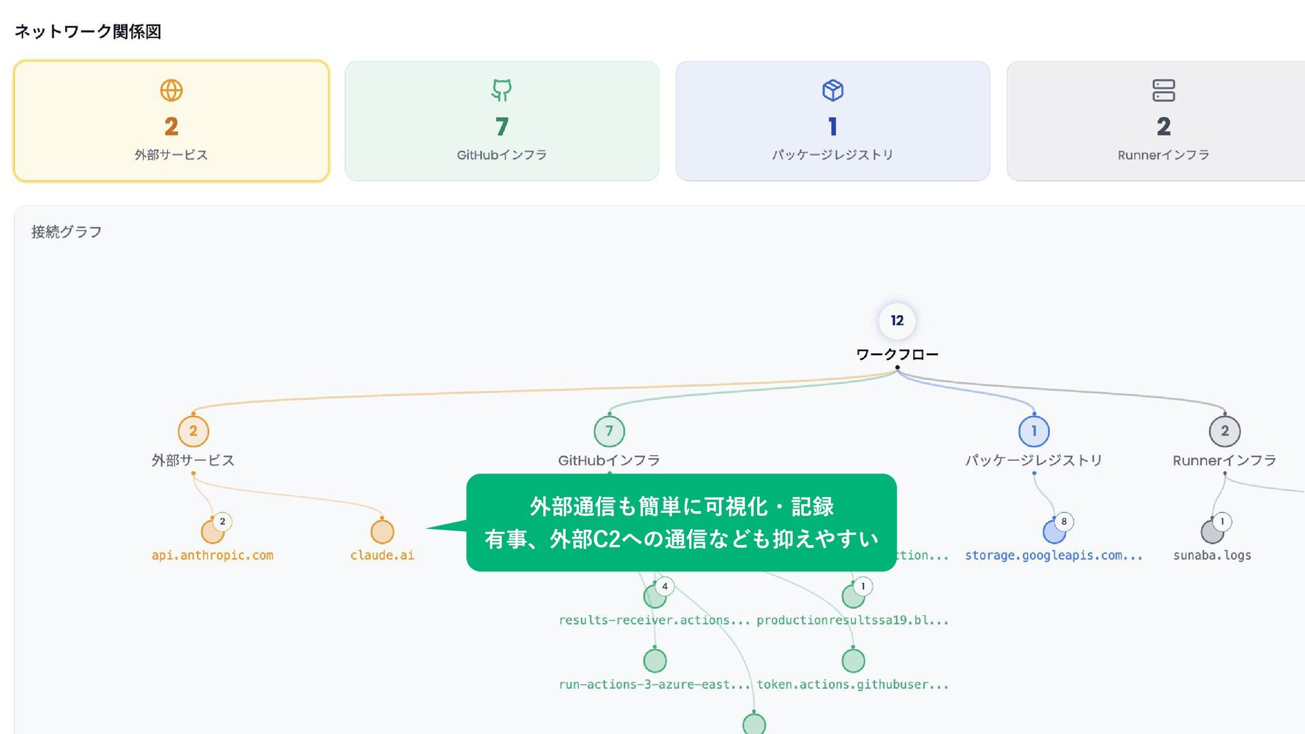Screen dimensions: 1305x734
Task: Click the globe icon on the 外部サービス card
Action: pos(171,90)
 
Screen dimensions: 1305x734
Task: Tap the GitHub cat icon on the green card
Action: pos(502,90)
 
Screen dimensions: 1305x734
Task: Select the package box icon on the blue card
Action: pos(833,90)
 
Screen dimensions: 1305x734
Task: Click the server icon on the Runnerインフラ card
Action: pos(1163,90)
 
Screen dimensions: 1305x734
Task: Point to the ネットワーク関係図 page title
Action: pos(88,31)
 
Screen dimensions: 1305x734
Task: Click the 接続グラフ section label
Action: pos(67,232)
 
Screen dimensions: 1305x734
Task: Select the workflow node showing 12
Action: pos(897,321)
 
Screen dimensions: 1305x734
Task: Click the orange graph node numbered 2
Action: pos(193,431)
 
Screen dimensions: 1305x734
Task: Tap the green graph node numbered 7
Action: pos(609,431)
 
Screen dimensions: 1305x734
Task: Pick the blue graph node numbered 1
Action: pos(1034,431)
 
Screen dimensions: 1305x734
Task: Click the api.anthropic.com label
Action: pos(212,555)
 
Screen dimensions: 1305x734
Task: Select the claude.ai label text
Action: pos(382,555)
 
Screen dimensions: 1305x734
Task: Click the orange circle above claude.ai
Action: pos(382,531)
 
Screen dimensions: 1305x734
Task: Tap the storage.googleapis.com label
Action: pos(1053,555)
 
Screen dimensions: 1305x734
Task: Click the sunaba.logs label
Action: pos(1212,555)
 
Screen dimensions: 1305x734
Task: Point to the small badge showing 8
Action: pos(1064,521)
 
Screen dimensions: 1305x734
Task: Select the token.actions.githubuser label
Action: pos(852,684)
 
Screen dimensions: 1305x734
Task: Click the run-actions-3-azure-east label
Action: pos(654,684)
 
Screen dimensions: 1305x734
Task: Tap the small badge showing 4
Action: pos(665,586)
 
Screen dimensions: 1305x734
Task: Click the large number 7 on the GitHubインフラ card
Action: pos(502,126)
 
